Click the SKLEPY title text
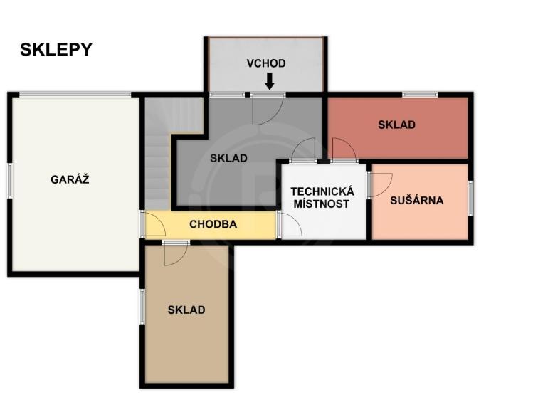(56, 50)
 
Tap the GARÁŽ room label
(70, 179)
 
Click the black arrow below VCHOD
(270, 82)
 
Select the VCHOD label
(266, 63)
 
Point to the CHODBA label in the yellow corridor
(213, 224)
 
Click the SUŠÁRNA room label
(417, 201)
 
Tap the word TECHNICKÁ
(322, 191)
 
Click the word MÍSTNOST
(322, 204)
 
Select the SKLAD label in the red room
(396, 125)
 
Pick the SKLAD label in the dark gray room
(228, 159)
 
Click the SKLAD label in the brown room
(186, 310)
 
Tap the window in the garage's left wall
(10, 181)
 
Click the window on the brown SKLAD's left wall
(142, 306)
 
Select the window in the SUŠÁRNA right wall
(471, 199)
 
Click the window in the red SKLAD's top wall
(420, 95)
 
